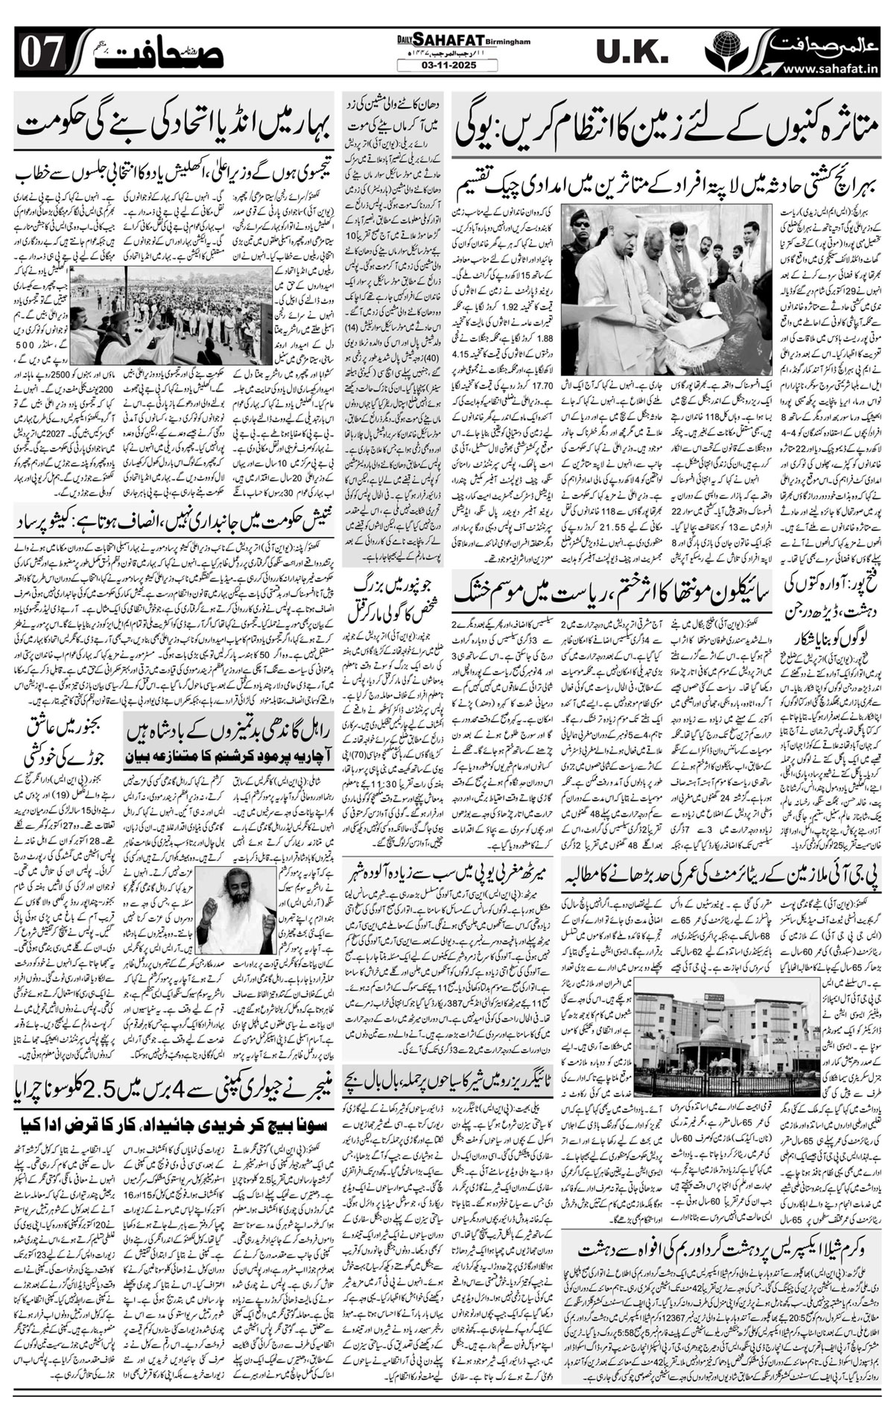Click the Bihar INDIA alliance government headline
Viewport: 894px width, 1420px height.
click(x=168, y=123)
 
